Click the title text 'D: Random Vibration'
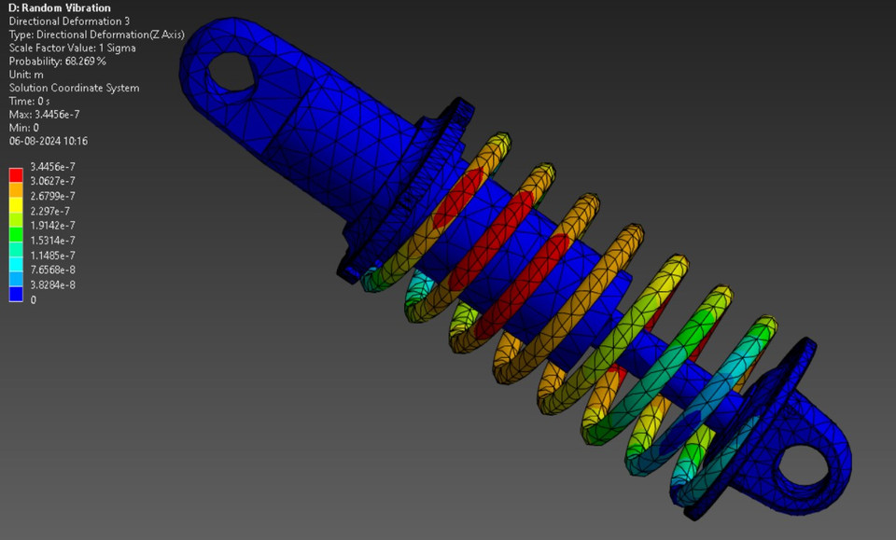[60, 8]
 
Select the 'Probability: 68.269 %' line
[58, 62]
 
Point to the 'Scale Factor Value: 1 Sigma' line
[73, 48]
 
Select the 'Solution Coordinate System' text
[75, 89]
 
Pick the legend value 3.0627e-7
[52, 181]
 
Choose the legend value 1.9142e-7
[52, 226]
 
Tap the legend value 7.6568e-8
[52, 270]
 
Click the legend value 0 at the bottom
[35, 300]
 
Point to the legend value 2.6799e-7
[52, 196]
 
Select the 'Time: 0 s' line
[30, 101]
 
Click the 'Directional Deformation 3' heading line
[70, 21]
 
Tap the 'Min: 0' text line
[24, 128]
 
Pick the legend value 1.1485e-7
[52, 256]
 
